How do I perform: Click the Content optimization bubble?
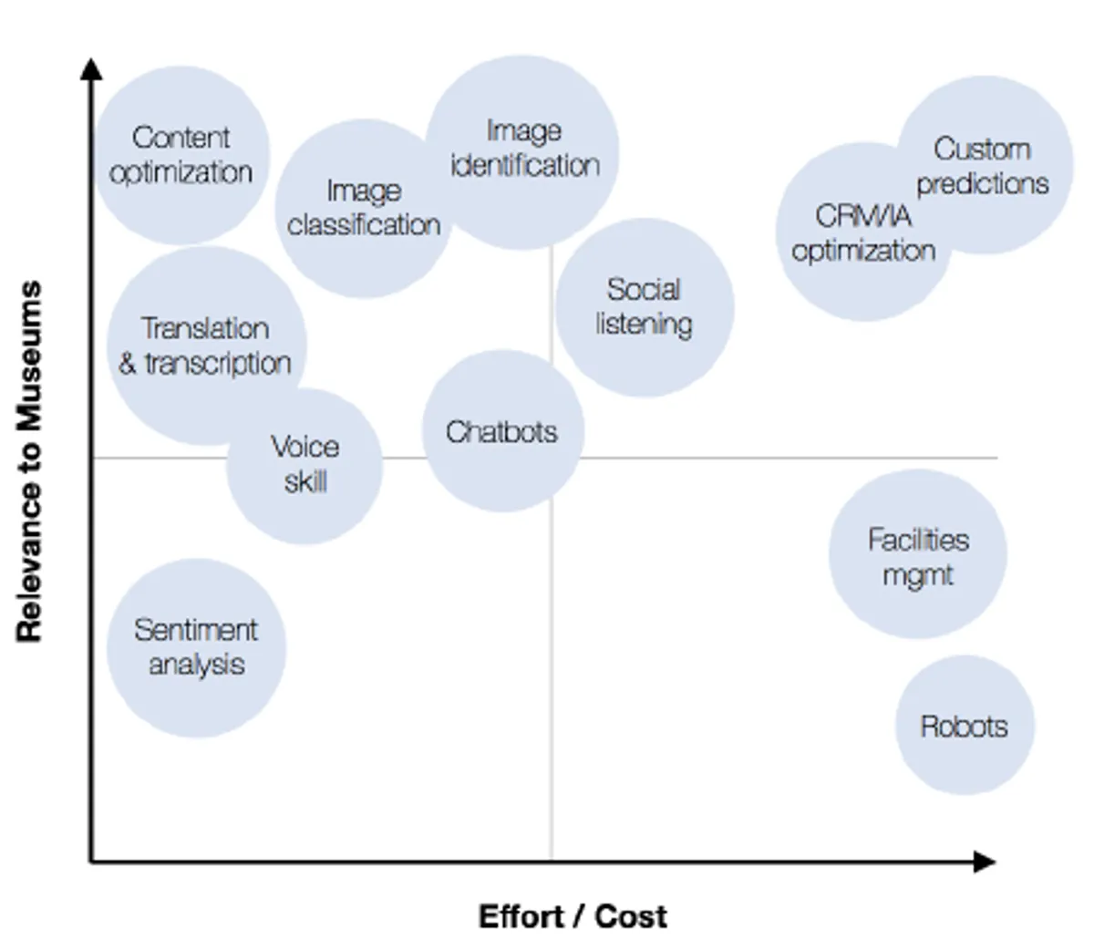(x=181, y=155)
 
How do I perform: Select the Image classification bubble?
(x=364, y=208)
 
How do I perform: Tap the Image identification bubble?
(x=522, y=152)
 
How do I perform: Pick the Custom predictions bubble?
(x=985, y=165)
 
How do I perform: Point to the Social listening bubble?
(x=645, y=307)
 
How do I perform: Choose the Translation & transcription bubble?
(x=206, y=346)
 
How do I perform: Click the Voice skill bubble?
(x=304, y=466)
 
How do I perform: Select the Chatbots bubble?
(x=502, y=431)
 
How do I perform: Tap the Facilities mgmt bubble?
(x=918, y=554)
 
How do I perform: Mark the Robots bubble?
(x=965, y=725)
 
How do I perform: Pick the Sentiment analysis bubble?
(x=196, y=648)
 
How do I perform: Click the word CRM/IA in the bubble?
(x=863, y=216)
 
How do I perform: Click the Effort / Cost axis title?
(x=573, y=916)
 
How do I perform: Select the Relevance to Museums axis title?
(x=29, y=461)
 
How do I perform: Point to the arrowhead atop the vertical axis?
(x=91, y=69)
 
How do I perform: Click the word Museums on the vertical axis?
(x=29, y=356)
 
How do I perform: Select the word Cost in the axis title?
(x=631, y=916)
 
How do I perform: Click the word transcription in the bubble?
(x=218, y=365)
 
